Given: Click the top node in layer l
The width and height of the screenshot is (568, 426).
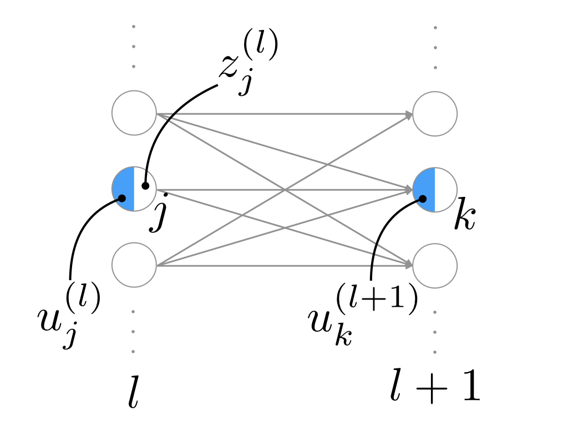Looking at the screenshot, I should tap(134, 114).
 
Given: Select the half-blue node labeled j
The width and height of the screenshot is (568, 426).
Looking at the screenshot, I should tap(134, 189).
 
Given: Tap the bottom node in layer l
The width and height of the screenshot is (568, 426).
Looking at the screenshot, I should tap(134, 265).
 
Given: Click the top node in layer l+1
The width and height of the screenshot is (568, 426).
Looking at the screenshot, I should tap(435, 114).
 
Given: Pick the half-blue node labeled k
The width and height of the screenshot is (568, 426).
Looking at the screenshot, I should tap(435, 189).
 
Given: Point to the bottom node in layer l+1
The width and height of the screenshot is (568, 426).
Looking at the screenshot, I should tap(435, 265).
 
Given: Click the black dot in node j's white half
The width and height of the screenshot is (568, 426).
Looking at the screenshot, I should tap(145, 186).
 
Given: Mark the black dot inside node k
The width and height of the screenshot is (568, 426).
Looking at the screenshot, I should tap(423, 198).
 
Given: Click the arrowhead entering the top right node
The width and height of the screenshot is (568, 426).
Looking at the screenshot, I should tap(409, 115).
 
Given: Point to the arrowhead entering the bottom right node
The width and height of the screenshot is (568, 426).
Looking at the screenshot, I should tap(409, 265).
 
